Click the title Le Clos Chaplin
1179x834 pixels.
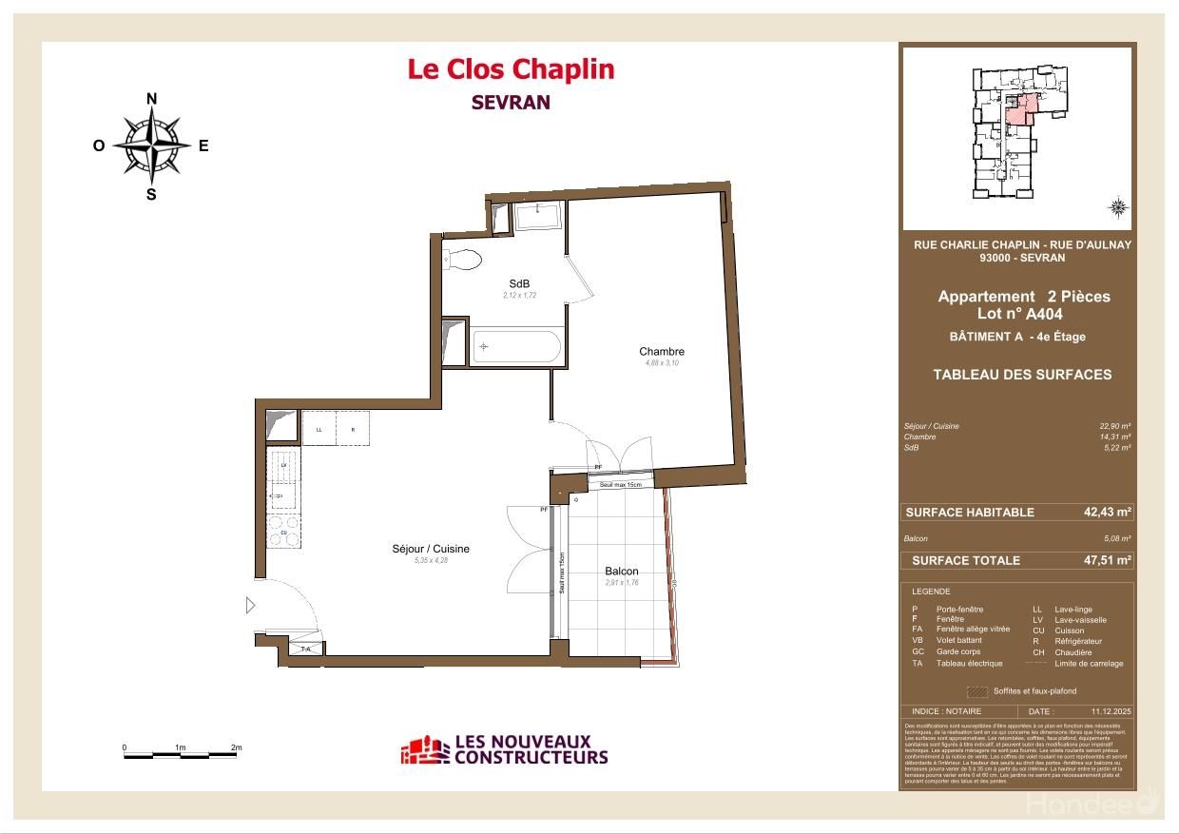(x=511, y=69)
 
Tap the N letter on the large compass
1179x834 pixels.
(x=151, y=99)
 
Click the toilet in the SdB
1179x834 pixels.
(x=463, y=259)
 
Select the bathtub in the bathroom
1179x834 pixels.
(x=517, y=347)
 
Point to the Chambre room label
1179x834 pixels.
(x=661, y=352)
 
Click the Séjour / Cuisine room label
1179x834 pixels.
(x=430, y=549)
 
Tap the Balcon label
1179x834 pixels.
(x=621, y=572)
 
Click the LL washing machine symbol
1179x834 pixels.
(x=319, y=429)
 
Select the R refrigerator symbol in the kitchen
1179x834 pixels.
(x=353, y=429)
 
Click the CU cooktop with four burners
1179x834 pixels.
(x=283, y=531)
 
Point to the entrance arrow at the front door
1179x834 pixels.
(x=251, y=605)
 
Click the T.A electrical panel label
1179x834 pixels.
(x=306, y=649)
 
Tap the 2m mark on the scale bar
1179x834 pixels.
(x=236, y=748)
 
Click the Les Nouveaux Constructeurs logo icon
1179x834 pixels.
(x=424, y=750)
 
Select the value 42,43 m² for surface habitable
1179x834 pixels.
(x=1108, y=512)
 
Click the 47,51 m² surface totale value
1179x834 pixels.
(x=1108, y=560)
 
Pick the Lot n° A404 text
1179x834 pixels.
(x=1019, y=314)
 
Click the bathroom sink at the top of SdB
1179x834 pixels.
(x=539, y=214)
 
